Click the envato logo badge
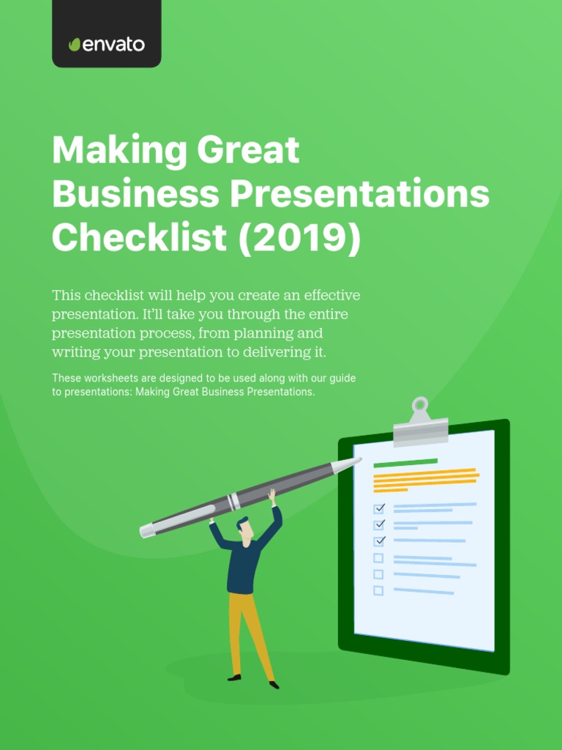click(x=107, y=34)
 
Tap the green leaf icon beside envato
click(x=74, y=45)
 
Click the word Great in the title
click(x=249, y=151)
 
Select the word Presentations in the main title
click(x=360, y=194)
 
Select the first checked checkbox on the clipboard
click(x=379, y=508)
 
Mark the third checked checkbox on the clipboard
click(x=379, y=541)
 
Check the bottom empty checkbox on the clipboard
click(x=378, y=590)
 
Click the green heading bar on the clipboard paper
click(x=405, y=463)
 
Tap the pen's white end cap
click(x=147, y=530)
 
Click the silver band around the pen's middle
click(x=233, y=502)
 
